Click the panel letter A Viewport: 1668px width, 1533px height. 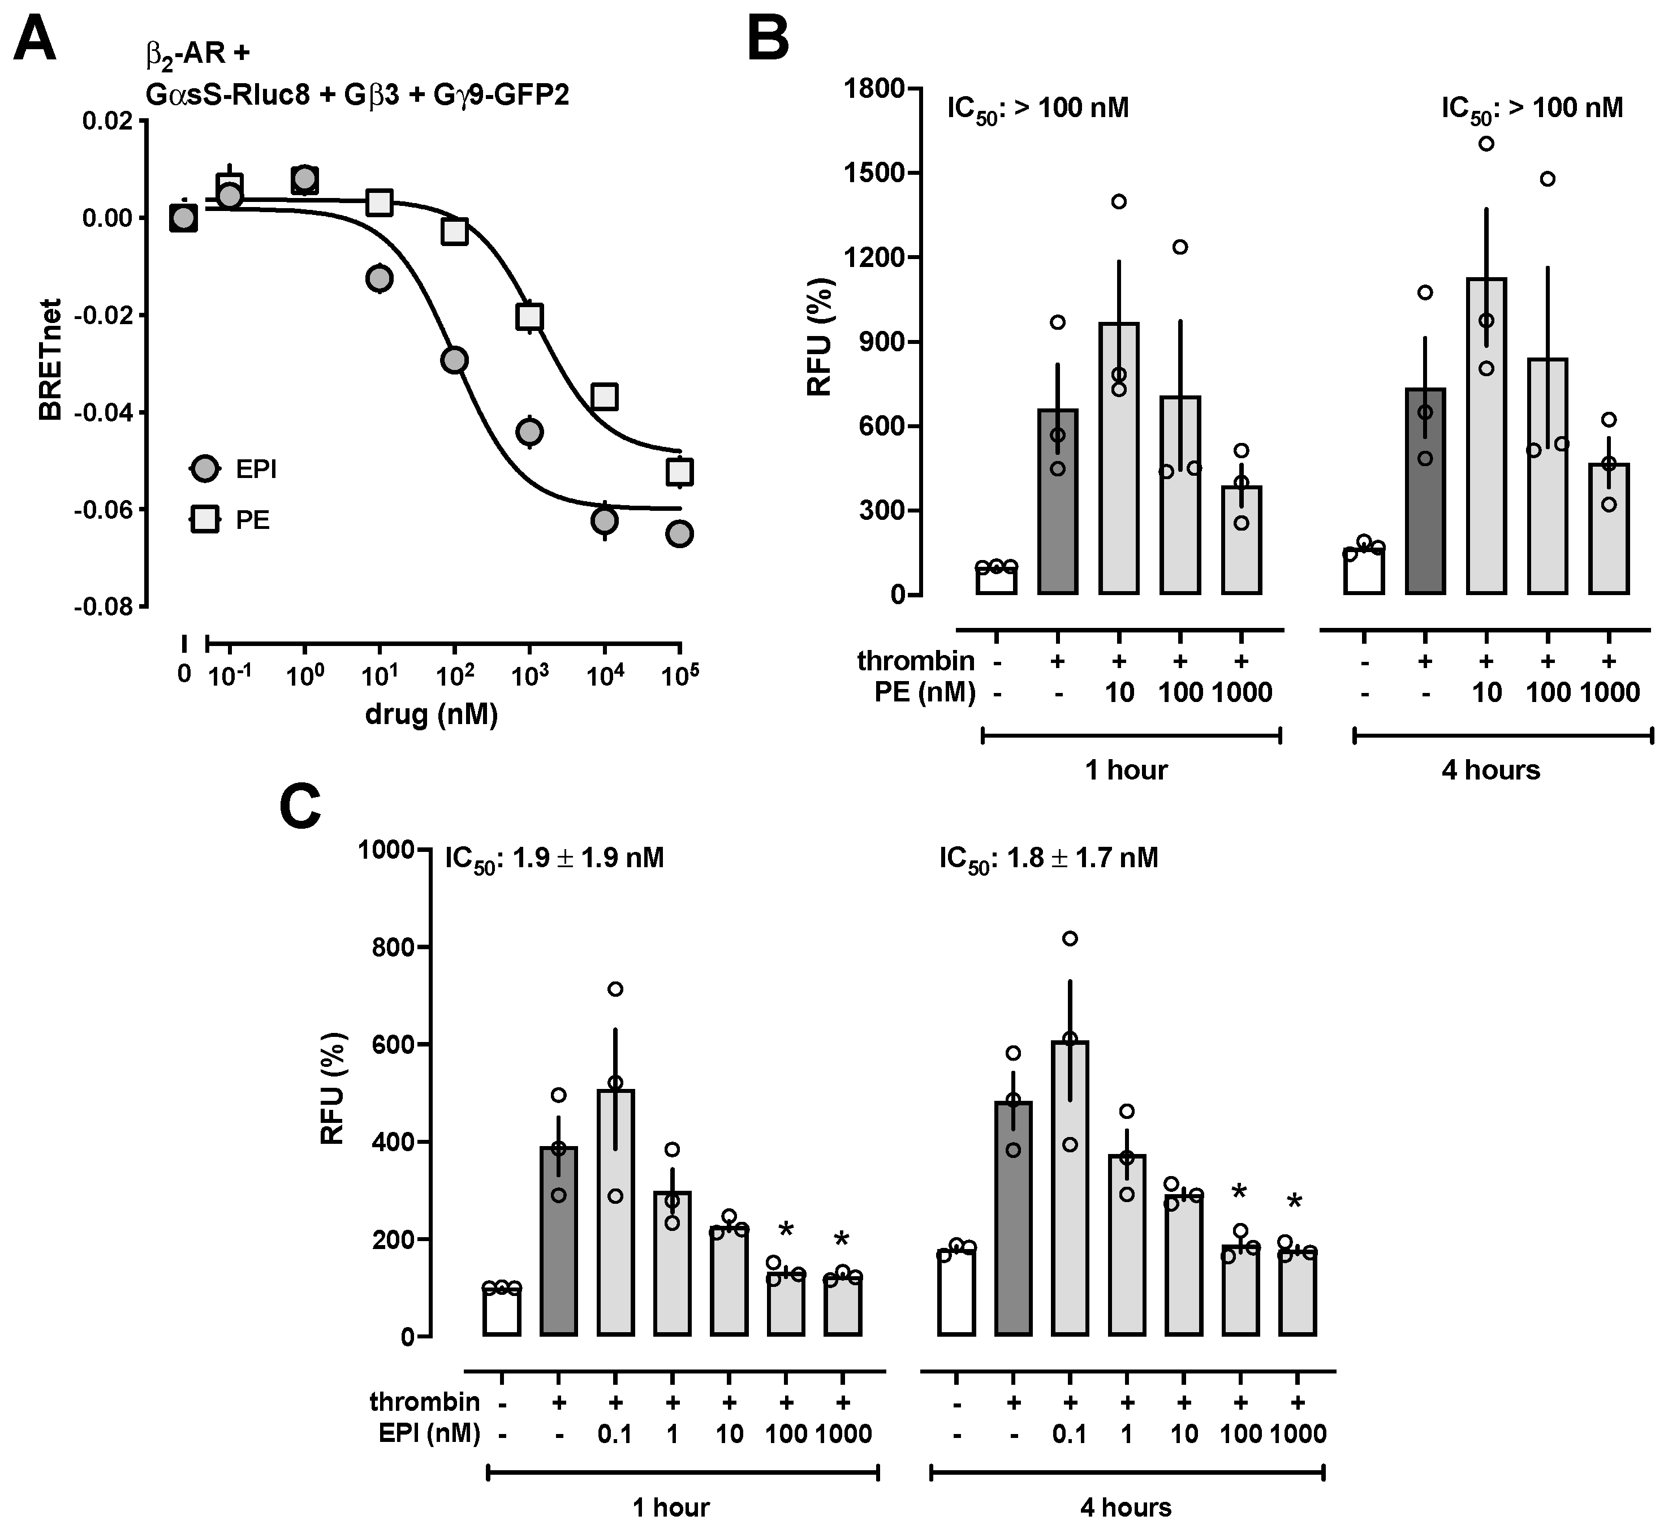coord(35,39)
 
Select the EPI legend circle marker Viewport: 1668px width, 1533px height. coord(204,469)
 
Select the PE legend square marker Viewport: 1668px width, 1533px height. coord(204,520)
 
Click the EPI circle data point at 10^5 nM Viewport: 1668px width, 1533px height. coord(679,534)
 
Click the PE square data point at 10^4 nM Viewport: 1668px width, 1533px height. coord(605,397)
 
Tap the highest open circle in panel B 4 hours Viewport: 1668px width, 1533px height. coord(1486,144)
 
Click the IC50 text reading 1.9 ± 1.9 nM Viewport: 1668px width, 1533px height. coord(554,858)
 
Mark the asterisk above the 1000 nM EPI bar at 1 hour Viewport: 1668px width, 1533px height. coord(841,1240)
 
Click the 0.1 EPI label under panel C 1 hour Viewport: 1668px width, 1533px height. coord(615,1433)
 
